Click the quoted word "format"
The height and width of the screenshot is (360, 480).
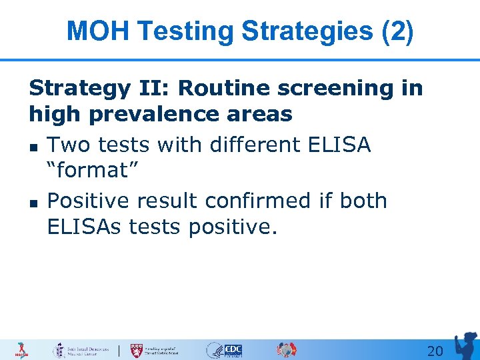pos(93,171)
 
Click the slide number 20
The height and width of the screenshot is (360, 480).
pos(435,351)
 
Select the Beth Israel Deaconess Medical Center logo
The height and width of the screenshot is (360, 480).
pos(81,350)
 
